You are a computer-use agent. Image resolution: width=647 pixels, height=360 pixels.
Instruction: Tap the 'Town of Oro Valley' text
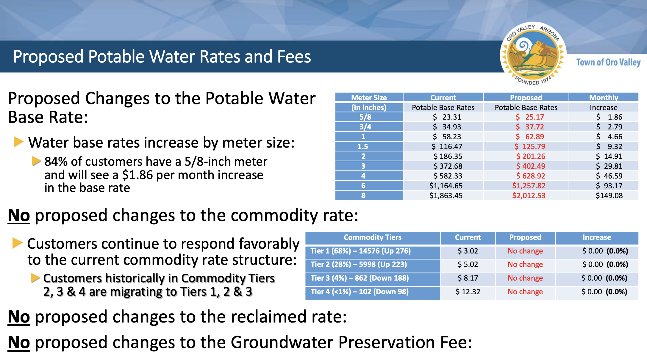tap(608, 62)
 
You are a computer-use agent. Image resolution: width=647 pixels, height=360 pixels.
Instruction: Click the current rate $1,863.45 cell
tap(446, 195)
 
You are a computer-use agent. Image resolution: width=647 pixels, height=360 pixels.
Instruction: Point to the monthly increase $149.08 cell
tap(609, 195)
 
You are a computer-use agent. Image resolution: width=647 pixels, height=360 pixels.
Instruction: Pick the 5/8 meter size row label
tap(365, 117)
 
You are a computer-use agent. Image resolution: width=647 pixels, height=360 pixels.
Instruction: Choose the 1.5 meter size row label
tap(363, 146)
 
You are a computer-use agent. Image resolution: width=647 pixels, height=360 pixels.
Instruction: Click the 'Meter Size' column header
tap(369, 98)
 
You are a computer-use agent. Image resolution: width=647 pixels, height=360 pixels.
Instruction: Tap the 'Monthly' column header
tap(604, 98)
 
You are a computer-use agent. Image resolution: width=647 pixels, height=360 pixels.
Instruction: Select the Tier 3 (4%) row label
tap(360, 278)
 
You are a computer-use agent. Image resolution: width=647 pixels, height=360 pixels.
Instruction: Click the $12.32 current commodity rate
tap(468, 292)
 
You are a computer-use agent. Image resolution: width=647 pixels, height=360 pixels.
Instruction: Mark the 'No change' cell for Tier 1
tap(525, 251)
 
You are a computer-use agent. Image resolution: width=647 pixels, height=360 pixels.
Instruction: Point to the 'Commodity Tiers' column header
tap(373, 237)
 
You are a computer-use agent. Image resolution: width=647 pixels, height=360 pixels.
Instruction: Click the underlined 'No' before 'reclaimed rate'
tap(19, 317)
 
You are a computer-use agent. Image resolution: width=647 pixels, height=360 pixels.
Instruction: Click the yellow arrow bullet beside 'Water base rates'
tap(18, 142)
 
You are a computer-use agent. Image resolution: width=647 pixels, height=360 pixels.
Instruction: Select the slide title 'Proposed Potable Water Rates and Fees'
tap(162, 57)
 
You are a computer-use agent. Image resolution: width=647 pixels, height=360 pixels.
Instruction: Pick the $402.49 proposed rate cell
tap(531, 166)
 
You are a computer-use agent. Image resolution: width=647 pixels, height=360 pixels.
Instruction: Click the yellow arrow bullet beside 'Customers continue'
tap(18, 243)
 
